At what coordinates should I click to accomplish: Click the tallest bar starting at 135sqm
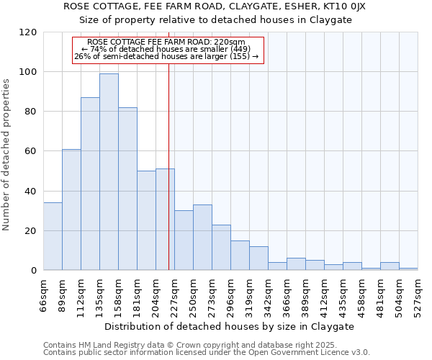(109, 172)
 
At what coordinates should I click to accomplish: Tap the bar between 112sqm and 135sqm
(90, 184)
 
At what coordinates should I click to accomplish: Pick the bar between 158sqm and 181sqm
(127, 189)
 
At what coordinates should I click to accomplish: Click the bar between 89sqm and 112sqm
(71, 210)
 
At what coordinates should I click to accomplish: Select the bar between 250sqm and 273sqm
(202, 238)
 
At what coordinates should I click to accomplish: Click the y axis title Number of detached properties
(6, 155)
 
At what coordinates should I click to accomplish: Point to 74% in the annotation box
(98, 49)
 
